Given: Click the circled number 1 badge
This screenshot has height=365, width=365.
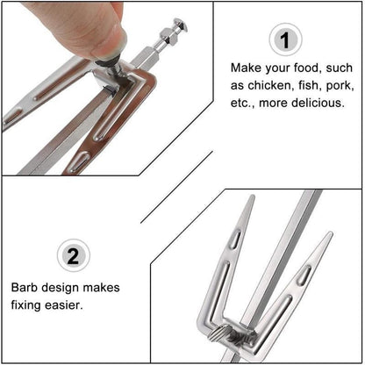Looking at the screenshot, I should [285, 40].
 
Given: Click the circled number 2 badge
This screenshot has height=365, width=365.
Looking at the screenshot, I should [74, 256].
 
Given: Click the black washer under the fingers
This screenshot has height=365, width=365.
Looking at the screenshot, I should [112, 62].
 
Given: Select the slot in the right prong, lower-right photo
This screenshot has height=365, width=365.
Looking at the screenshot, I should [304, 275].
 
